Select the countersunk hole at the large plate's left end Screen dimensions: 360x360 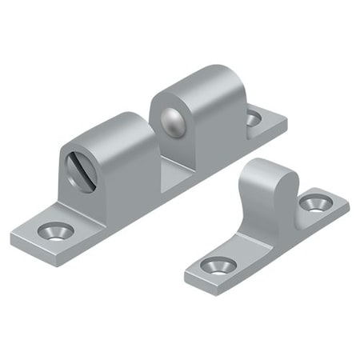pos(55,231)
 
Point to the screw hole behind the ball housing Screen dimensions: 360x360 pos(253,118)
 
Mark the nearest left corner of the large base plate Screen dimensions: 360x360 pos(14,238)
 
